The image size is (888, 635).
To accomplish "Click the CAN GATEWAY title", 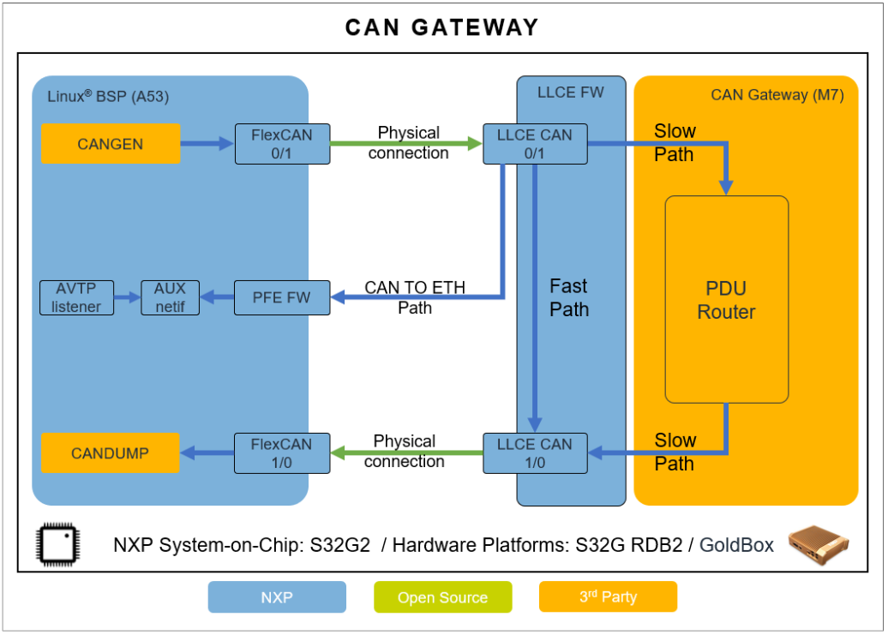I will point(442,27).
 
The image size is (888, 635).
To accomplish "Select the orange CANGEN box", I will point(111,144).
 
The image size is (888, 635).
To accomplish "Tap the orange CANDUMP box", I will point(111,453).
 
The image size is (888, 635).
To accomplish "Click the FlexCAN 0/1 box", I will point(282,144).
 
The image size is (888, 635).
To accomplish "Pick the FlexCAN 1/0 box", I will point(282,453).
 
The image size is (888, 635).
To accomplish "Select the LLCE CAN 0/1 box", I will point(535,144).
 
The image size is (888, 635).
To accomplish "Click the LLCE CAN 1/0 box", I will point(535,453).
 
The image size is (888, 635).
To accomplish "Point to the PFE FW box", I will point(282,297).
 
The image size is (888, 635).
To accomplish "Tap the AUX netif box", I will point(170,297).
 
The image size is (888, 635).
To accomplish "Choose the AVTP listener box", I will point(76,297).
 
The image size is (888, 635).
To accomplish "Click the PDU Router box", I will point(727,299).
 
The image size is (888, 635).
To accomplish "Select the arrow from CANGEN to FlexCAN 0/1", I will point(207,144).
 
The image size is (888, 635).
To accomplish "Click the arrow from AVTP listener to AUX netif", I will point(127,297).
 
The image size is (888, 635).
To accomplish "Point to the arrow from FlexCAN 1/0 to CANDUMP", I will point(207,453).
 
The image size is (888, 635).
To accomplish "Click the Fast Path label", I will point(569,297).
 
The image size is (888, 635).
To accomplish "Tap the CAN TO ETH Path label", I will point(415,297).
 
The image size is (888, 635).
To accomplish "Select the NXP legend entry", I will point(277,597).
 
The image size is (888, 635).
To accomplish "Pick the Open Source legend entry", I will point(442,597).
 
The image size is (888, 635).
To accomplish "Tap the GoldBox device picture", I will point(819,542).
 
